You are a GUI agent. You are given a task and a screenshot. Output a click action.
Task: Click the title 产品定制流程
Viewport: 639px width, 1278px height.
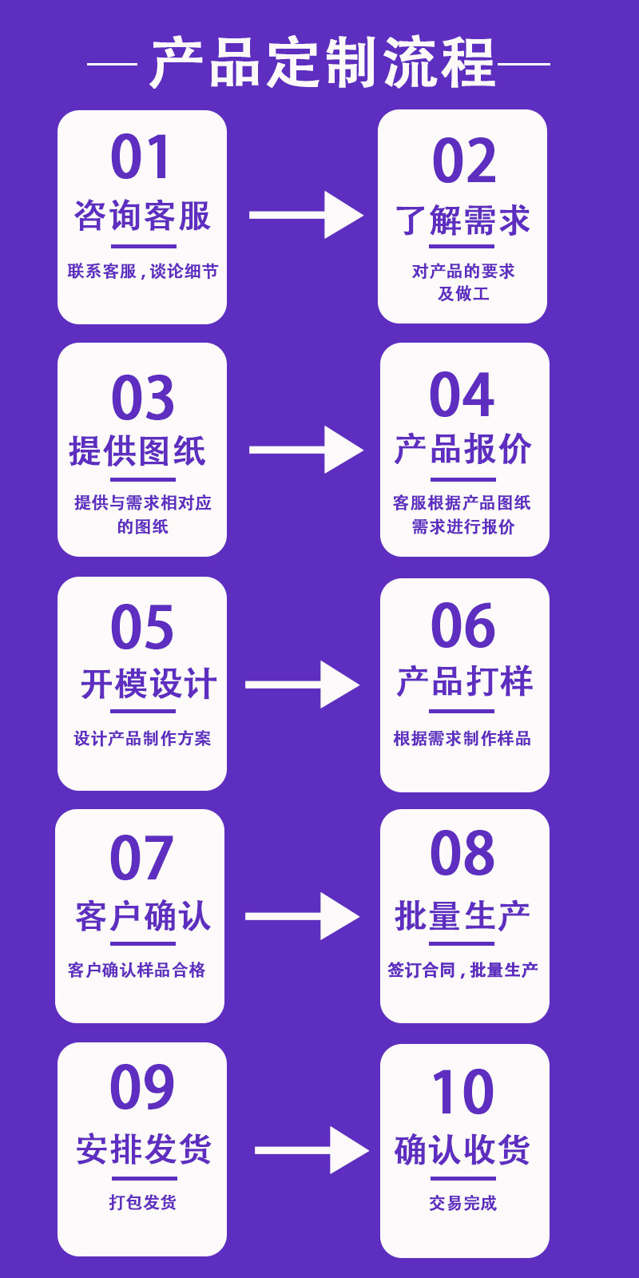click(x=323, y=63)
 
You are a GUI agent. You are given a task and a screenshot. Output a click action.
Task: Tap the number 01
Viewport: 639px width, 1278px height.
click(x=141, y=157)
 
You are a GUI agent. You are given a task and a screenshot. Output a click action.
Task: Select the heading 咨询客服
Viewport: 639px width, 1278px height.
click(x=143, y=216)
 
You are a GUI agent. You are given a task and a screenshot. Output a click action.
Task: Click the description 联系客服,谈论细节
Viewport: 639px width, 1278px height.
click(x=143, y=271)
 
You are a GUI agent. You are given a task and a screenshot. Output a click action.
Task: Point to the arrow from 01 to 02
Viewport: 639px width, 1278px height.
click(x=307, y=215)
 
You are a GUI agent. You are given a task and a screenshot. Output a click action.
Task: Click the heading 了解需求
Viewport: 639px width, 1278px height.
click(x=462, y=220)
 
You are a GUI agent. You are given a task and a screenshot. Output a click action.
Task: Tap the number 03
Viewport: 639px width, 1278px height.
click(x=143, y=398)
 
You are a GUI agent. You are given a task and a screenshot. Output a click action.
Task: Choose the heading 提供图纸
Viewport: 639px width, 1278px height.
click(x=137, y=450)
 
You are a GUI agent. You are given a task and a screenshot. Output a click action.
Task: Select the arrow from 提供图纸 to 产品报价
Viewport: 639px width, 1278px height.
click(x=307, y=450)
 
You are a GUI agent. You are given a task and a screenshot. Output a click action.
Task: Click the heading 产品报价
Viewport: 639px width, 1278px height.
click(x=462, y=449)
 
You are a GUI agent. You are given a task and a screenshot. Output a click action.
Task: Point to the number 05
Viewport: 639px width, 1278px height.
click(x=142, y=628)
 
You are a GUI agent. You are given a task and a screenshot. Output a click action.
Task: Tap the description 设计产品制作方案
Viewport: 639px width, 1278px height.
click(x=143, y=738)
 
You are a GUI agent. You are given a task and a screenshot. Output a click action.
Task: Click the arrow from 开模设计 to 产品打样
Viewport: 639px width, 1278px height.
click(x=303, y=685)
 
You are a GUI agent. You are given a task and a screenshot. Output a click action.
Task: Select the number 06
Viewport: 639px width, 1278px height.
click(x=462, y=626)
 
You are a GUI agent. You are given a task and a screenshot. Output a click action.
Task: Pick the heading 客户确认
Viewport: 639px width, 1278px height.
click(x=143, y=916)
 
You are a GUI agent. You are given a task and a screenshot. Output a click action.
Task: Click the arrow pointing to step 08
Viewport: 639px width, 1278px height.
click(x=303, y=916)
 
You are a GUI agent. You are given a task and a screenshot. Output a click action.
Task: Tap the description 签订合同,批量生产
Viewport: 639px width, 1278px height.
click(x=462, y=970)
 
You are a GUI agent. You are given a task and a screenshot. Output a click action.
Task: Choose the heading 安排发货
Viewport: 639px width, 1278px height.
click(x=144, y=1149)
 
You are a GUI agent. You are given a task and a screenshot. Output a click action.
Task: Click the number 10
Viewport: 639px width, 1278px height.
click(x=462, y=1092)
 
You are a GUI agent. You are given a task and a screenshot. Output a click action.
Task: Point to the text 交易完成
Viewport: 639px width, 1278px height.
click(x=462, y=1203)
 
